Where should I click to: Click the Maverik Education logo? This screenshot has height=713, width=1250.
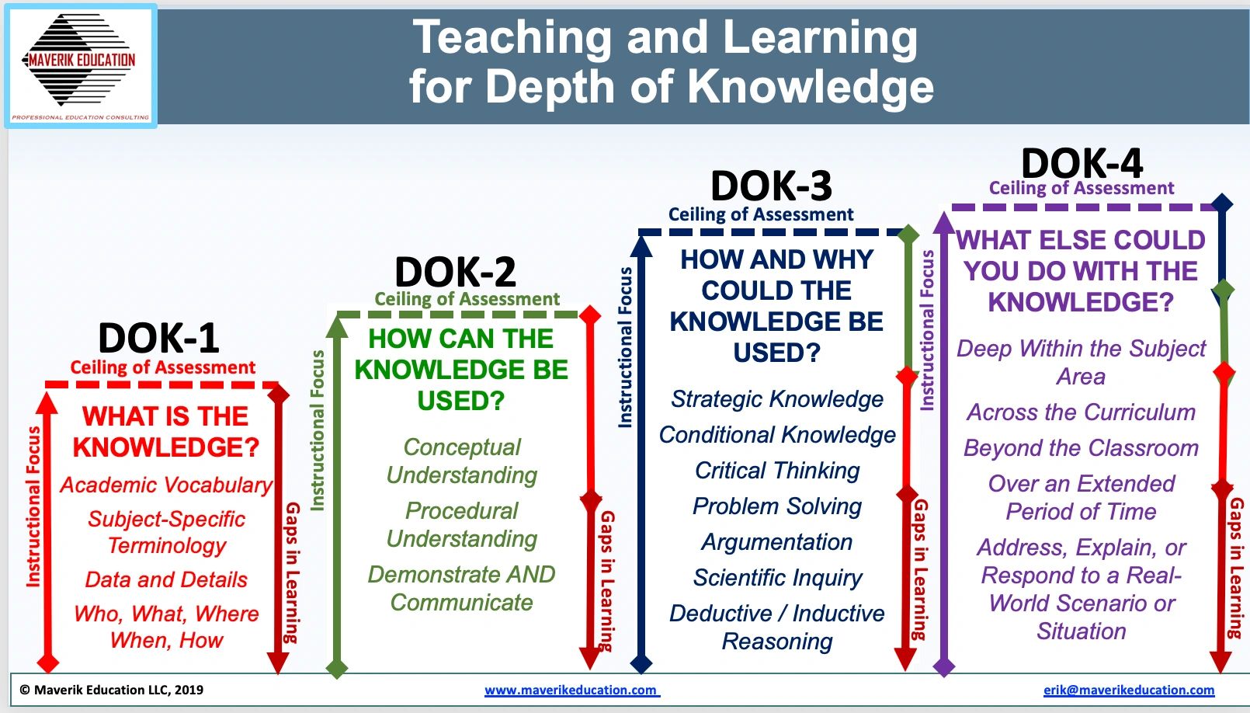click(x=81, y=66)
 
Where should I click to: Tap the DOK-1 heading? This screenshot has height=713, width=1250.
click(x=158, y=339)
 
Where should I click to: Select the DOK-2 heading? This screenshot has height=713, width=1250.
click(x=455, y=272)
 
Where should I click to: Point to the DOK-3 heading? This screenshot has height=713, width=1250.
click(x=772, y=186)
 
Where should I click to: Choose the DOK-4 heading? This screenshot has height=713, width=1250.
click(x=1082, y=163)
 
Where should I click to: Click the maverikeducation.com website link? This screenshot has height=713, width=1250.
click(x=572, y=690)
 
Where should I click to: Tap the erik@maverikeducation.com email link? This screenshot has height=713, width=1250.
click(x=1129, y=690)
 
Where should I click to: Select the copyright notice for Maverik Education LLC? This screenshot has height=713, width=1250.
click(x=112, y=690)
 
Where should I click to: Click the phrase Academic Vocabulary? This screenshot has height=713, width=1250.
click(x=166, y=485)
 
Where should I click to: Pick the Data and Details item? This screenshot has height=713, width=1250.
click(x=166, y=579)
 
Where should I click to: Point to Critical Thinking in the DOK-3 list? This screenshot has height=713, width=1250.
click(x=777, y=471)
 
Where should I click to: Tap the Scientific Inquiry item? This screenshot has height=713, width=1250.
click(x=777, y=578)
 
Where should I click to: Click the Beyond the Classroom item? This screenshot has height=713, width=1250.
click(x=1081, y=448)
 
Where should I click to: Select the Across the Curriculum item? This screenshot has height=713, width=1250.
click(x=1081, y=412)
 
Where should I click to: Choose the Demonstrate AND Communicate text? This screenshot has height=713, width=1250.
click(x=461, y=589)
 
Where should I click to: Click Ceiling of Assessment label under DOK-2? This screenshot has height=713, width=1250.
click(x=467, y=299)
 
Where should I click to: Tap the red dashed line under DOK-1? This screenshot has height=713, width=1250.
click(x=161, y=384)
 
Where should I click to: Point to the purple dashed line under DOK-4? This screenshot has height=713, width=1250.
click(x=1084, y=207)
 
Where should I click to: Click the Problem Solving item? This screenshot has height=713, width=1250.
click(x=777, y=506)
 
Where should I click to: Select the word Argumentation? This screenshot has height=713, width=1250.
click(x=777, y=542)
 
